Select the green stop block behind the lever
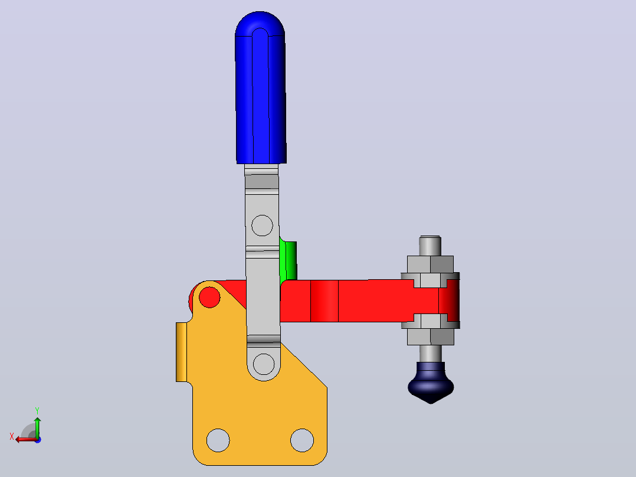point(289,260)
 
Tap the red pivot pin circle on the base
point(209,297)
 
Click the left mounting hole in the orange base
point(218,440)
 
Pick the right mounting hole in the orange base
point(302,440)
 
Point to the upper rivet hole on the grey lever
point(262,226)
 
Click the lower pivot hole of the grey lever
point(264,364)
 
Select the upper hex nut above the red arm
point(430,264)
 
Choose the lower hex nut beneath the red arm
point(430,336)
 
